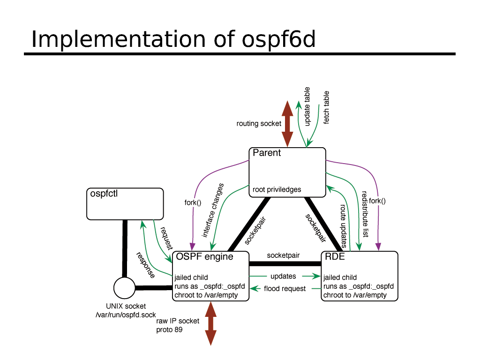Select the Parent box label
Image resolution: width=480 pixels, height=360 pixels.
point(267,153)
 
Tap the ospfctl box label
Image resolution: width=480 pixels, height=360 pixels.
point(104,193)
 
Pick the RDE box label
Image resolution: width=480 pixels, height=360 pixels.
point(335,256)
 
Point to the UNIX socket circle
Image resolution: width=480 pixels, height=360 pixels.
point(124,287)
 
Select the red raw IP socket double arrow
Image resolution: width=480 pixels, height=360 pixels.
point(210,323)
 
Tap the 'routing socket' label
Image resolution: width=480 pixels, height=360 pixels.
point(259,124)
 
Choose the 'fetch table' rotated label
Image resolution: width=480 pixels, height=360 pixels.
point(326,107)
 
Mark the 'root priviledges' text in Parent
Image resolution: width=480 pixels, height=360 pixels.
point(277,190)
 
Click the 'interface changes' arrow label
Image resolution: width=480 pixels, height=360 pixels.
point(213,210)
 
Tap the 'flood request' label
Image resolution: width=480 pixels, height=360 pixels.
point(285,289)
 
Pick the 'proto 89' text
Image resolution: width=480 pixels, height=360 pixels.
point(169,330)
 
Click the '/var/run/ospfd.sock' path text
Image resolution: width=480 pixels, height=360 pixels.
point(126,315)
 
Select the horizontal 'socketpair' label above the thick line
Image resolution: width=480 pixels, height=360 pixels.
point(283,255)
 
